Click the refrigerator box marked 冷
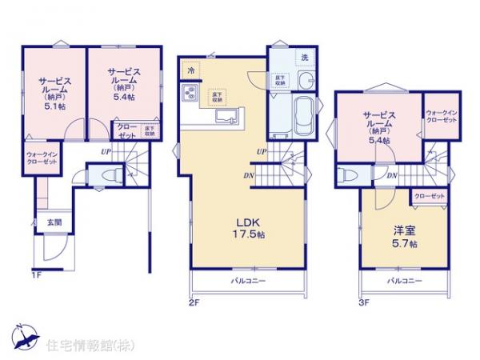click(x=191, y=70)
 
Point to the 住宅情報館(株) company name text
click(x=76, y=346)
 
